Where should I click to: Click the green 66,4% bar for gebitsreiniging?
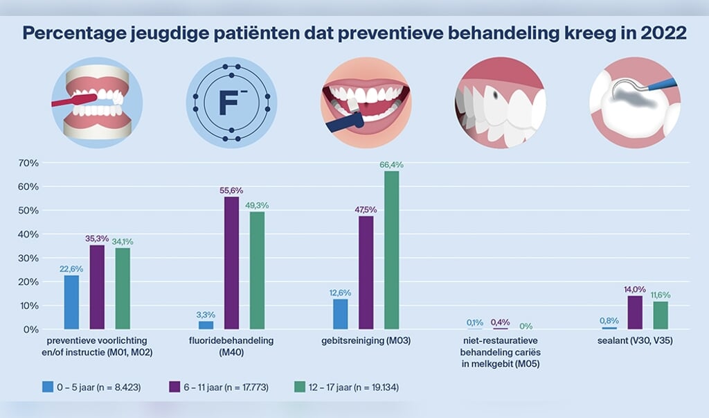click(392, 250)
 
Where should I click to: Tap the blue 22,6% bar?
click(71, 302)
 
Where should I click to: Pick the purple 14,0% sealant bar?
click(635, 313)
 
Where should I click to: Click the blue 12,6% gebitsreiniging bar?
click(340, 314)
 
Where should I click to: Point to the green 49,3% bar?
click(257, 270)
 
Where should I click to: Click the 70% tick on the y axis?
click(28, 163)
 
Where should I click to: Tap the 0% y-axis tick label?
click(30, 329)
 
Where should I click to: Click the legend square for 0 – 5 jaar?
click(47, 387)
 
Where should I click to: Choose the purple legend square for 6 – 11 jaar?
click(174, 387)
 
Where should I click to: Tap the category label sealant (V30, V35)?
click(635, 341)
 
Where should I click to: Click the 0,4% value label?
click(500, 322)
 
